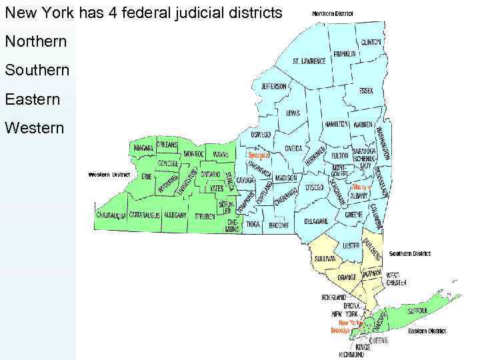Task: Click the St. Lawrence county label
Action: pyautogui.click(x=309, y=61)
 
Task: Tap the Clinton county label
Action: pyautogui.click(x=371, y=41)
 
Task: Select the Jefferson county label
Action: pyautogui.click(x=274, y=87)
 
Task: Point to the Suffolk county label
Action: pyautogui.click(x=417, y=309)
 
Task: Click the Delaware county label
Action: pyautogui.click(x=316, y=221)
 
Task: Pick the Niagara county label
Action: pyautogui.click(x=144, y=147)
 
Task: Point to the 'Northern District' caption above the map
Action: pyautogui.click(x=333, y=13)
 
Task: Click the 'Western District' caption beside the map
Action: pyautogui.click(x=109, y=175)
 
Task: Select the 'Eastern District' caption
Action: pyautogui.click(x=427, y=331)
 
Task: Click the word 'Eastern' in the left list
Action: pyautogui.click(x=32, y=99)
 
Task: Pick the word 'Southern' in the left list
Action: pyautogui.click(x=37, y=70)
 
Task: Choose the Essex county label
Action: pyautogui.click(x=366, y=90)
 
